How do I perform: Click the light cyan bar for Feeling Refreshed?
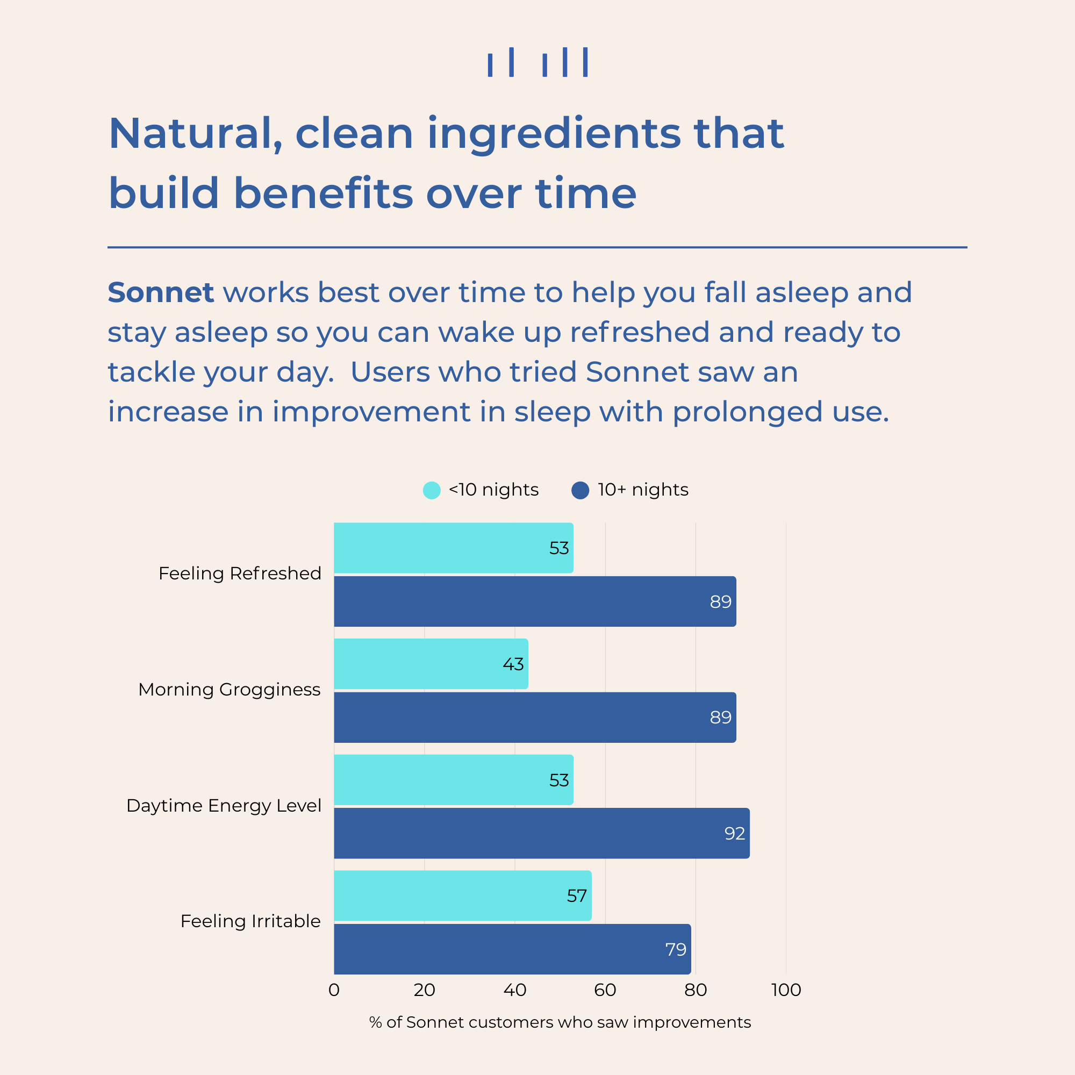pyautogui.click(x=454, y=548)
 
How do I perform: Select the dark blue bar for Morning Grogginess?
pyautogui.click(x=535, y=717)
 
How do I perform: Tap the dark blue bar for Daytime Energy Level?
pyautogui.click(x=542, y=833)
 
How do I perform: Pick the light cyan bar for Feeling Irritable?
pyautogui.click(x=462, y=896)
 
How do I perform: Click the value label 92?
pyautogui.click(x=734, y=834)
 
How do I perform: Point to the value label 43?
pyautogui.click(x=513, y=664)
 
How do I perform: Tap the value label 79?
pyautogui.click(x=676, y=949)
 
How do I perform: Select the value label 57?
pyautogui.click(x=577, y=896)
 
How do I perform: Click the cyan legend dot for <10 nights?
pyautogui.click(x=432, y=490)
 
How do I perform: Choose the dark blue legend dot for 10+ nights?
pyautogui.click(x=580, y=490)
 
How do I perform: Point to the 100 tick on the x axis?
pyautogui.click(x=786, y=990)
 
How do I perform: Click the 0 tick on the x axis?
pyautogui.click(x=334, y=990)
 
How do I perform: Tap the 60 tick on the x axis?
pyautogui.click(x=605, y=990)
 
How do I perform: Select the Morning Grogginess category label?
pyautogui.click(x=230, y=690)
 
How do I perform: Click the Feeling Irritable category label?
pyautogui.click(x=250, y=921)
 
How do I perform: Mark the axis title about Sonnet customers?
pyautogui.click(x=560, y=1022)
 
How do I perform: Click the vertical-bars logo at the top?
pyautogui.click(x=537, y=62)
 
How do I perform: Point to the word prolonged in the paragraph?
pyautogui.click(x=748, y=413)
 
